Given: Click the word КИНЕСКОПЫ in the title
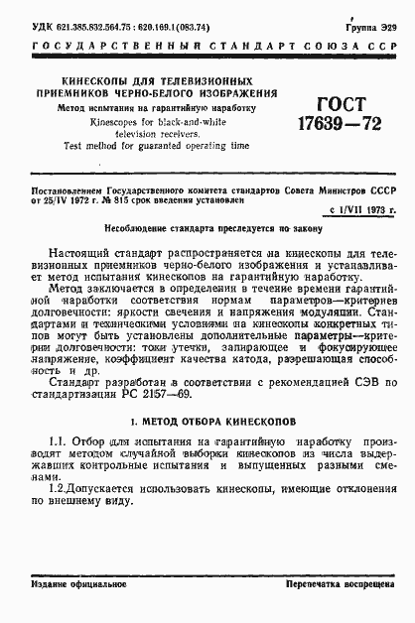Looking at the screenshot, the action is (x=94, y=78).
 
